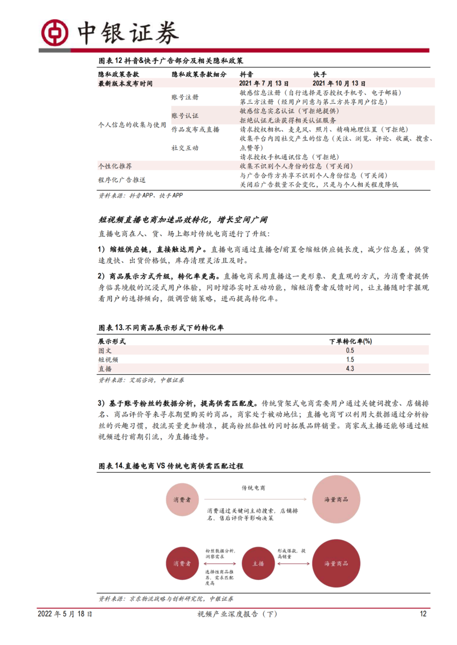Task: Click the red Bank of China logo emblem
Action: (54, 33)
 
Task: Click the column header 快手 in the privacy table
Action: (320, 74)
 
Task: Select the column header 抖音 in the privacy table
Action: (247, 74)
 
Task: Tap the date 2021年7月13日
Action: (265, 83)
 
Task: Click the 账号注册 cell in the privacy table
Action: (185, 97)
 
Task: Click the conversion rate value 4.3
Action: (350, 368)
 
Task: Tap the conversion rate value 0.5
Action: (350, 350)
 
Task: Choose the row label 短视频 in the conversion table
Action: (109, 359)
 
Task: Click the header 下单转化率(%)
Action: (350, 341)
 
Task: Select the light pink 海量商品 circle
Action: (335, 500)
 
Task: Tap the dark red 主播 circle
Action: (258, 563)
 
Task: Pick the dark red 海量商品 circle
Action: (335, 563)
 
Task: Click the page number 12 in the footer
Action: (423, 614)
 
